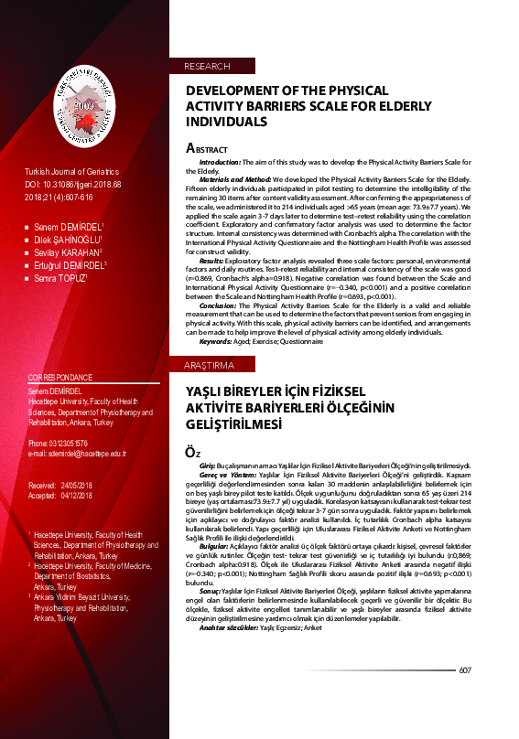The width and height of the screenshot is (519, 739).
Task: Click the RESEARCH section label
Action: click(207, 67)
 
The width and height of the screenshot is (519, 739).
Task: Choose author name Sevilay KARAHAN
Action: click(66, 252)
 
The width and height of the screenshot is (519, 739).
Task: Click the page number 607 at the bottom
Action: click(465, 670)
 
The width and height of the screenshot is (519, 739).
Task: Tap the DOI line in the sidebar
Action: click(71, 185)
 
